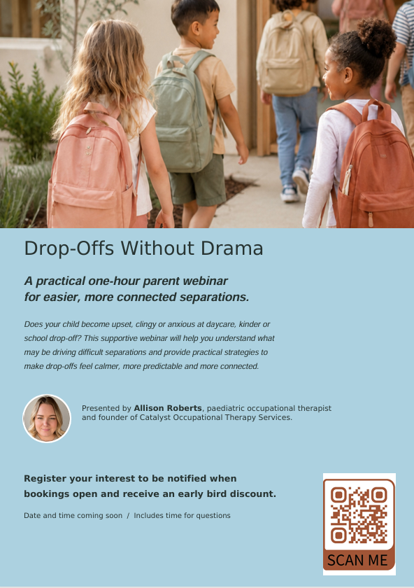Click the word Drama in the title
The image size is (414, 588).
click(x=232, y=248)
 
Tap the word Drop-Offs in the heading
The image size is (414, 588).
click(x=69, y=249)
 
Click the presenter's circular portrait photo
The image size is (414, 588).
click(x=47, y=418)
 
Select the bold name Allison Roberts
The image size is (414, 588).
click(x=168, y=408)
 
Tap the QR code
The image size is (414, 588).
click(x=359, y=514)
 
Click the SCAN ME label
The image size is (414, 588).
click(x=357, y=560)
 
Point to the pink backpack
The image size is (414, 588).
click(x=92, y=169)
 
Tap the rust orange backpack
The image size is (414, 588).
click(x=371, y=165)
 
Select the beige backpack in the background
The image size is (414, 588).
click(x=287, y=55)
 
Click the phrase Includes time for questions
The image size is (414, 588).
click(x=182, y=516)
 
